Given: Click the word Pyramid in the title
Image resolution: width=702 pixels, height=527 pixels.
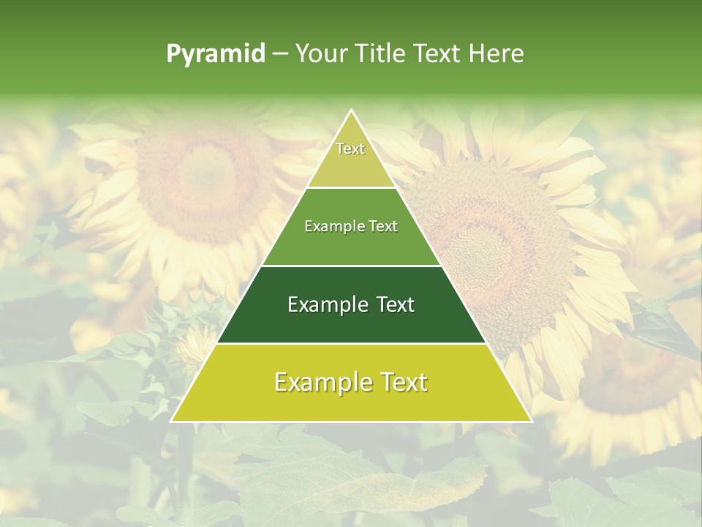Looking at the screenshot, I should pyautogui.click(x=215, y=54).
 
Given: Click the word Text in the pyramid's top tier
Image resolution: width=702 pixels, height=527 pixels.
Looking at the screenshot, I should pyautogui.click(x=350, y=149).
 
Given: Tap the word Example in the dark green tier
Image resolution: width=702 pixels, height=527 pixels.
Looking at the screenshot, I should pyautogui.click(x=326, y=304).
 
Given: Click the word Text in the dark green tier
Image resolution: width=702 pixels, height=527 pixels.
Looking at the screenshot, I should pyautogui.click(x=395, y=304).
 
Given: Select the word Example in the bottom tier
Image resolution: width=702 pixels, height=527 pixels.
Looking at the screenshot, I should pyautogui.click(x=319, y=382).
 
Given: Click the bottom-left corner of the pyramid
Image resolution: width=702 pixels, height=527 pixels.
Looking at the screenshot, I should pyautogui.click(x=172, y=421).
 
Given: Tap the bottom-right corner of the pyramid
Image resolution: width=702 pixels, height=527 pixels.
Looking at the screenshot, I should pyautogui.click(x=531, y=421).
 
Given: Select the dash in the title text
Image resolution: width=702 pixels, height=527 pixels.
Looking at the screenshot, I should pyautogui.click(x=280, y=54).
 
